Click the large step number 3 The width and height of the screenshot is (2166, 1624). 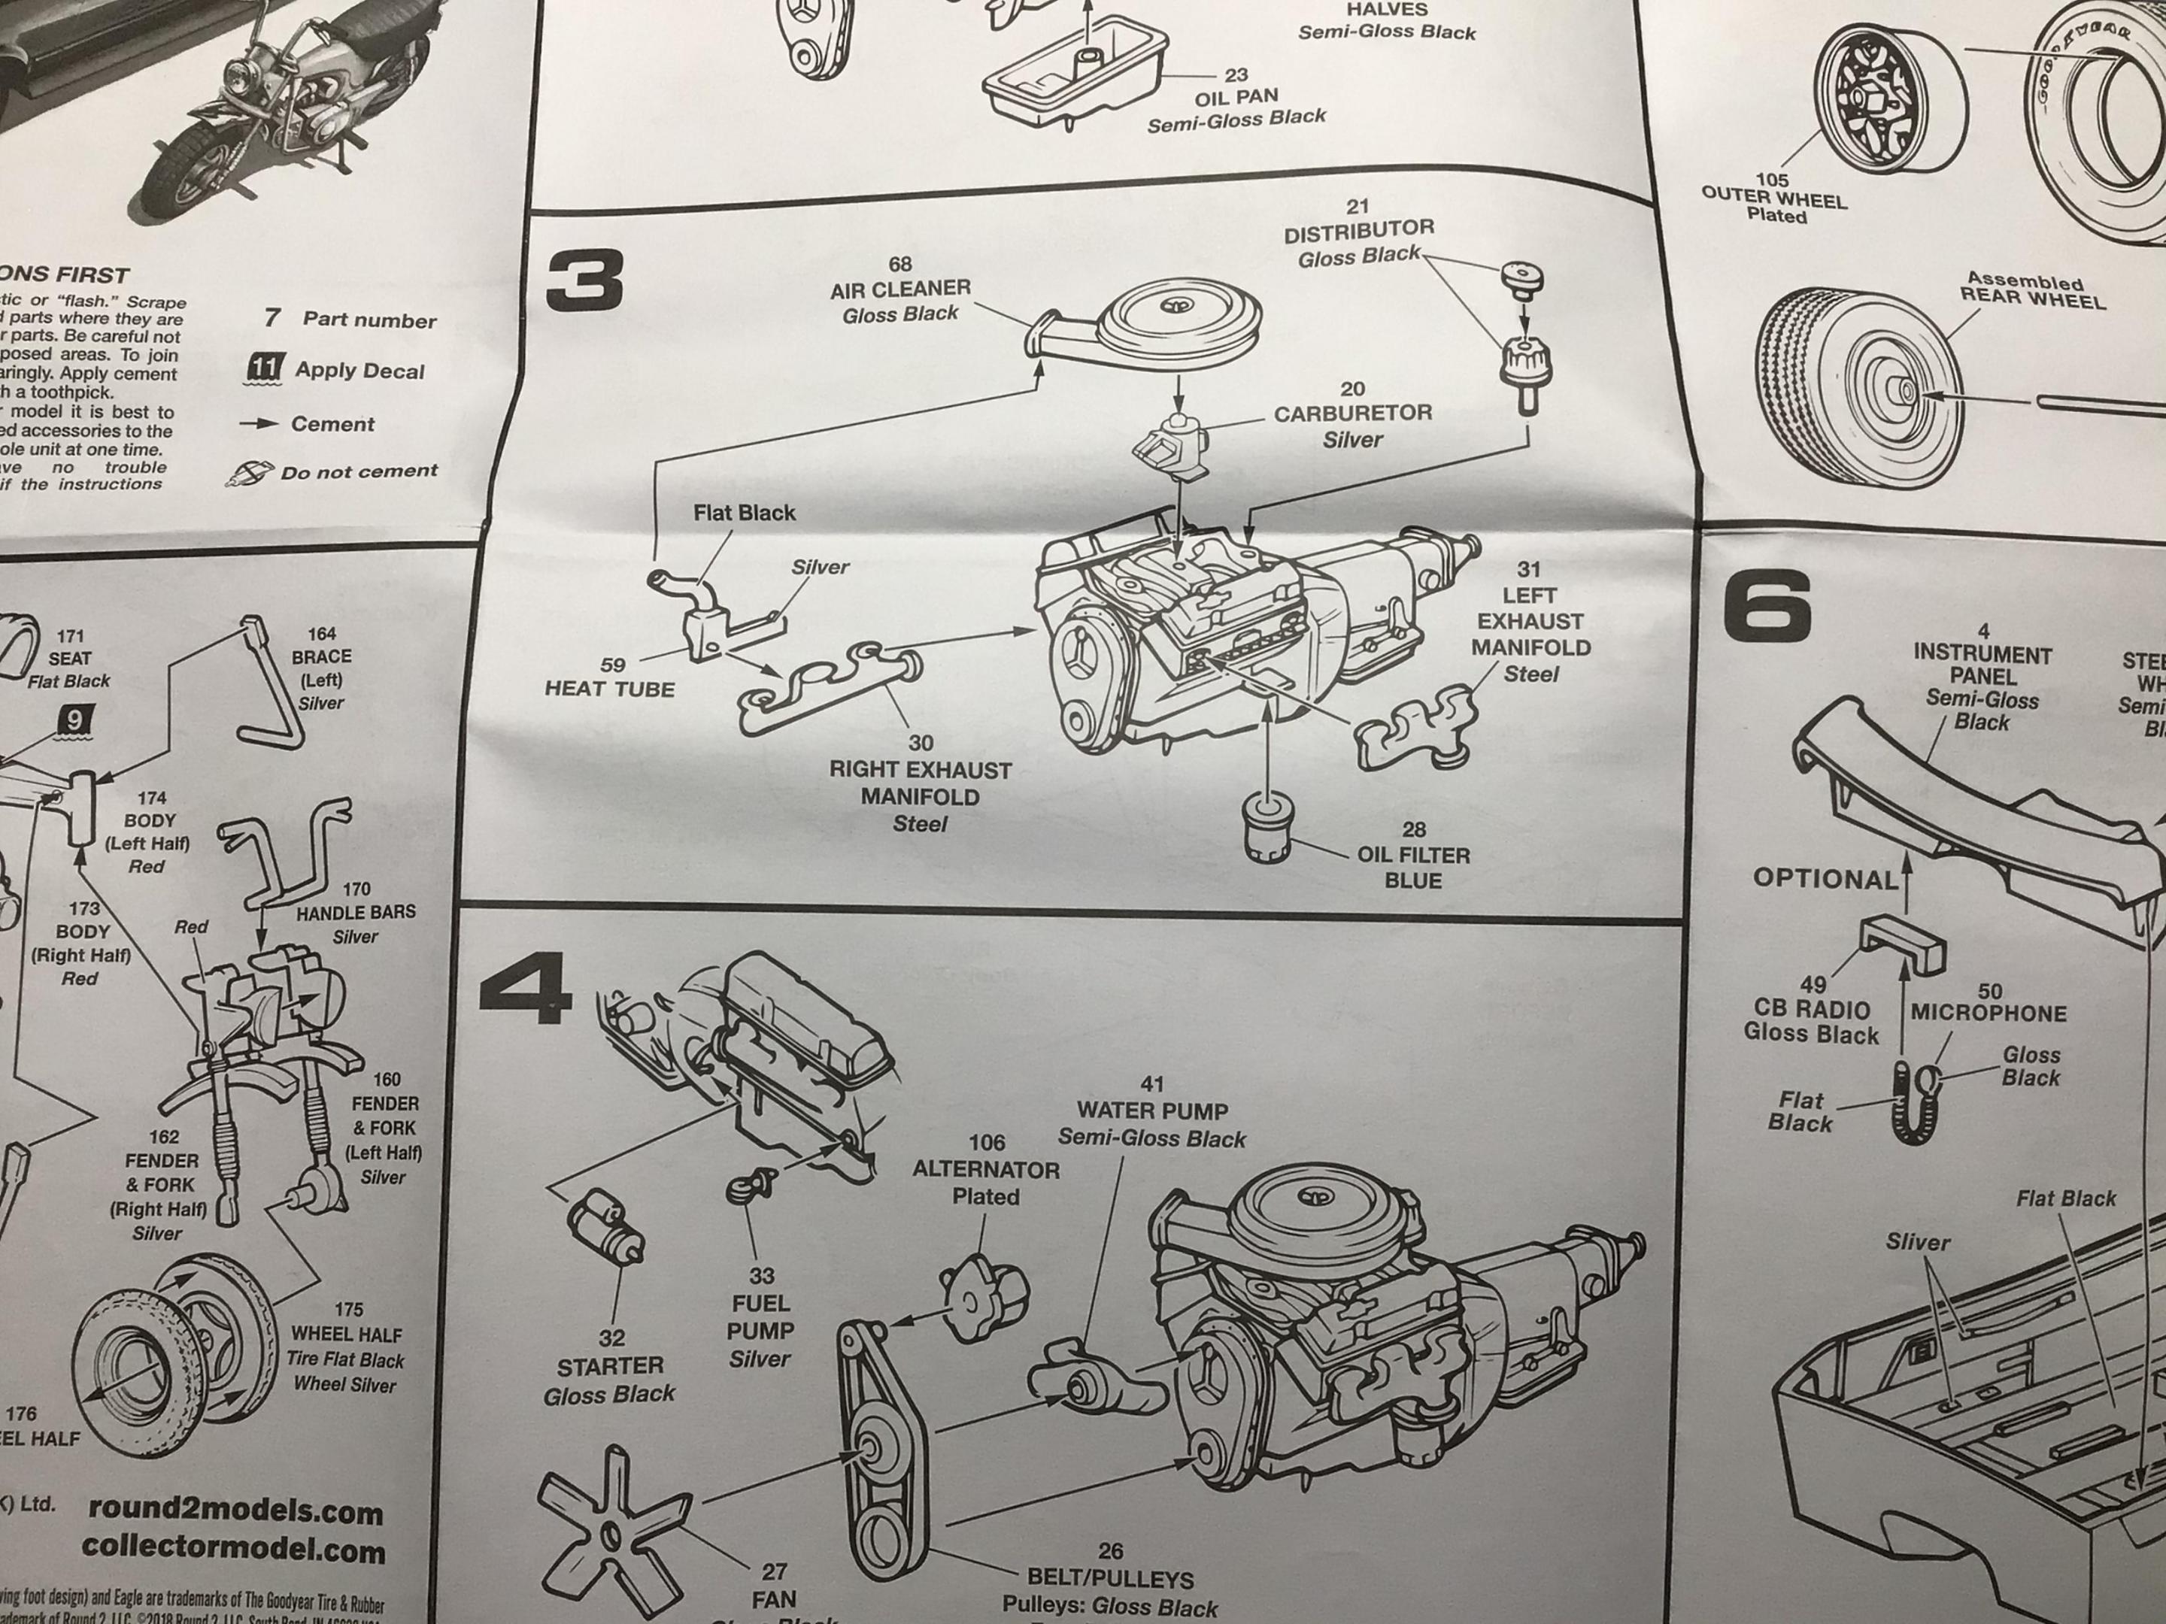584,279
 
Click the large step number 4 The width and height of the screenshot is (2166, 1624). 526,991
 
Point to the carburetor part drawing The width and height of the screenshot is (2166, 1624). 1172,445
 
